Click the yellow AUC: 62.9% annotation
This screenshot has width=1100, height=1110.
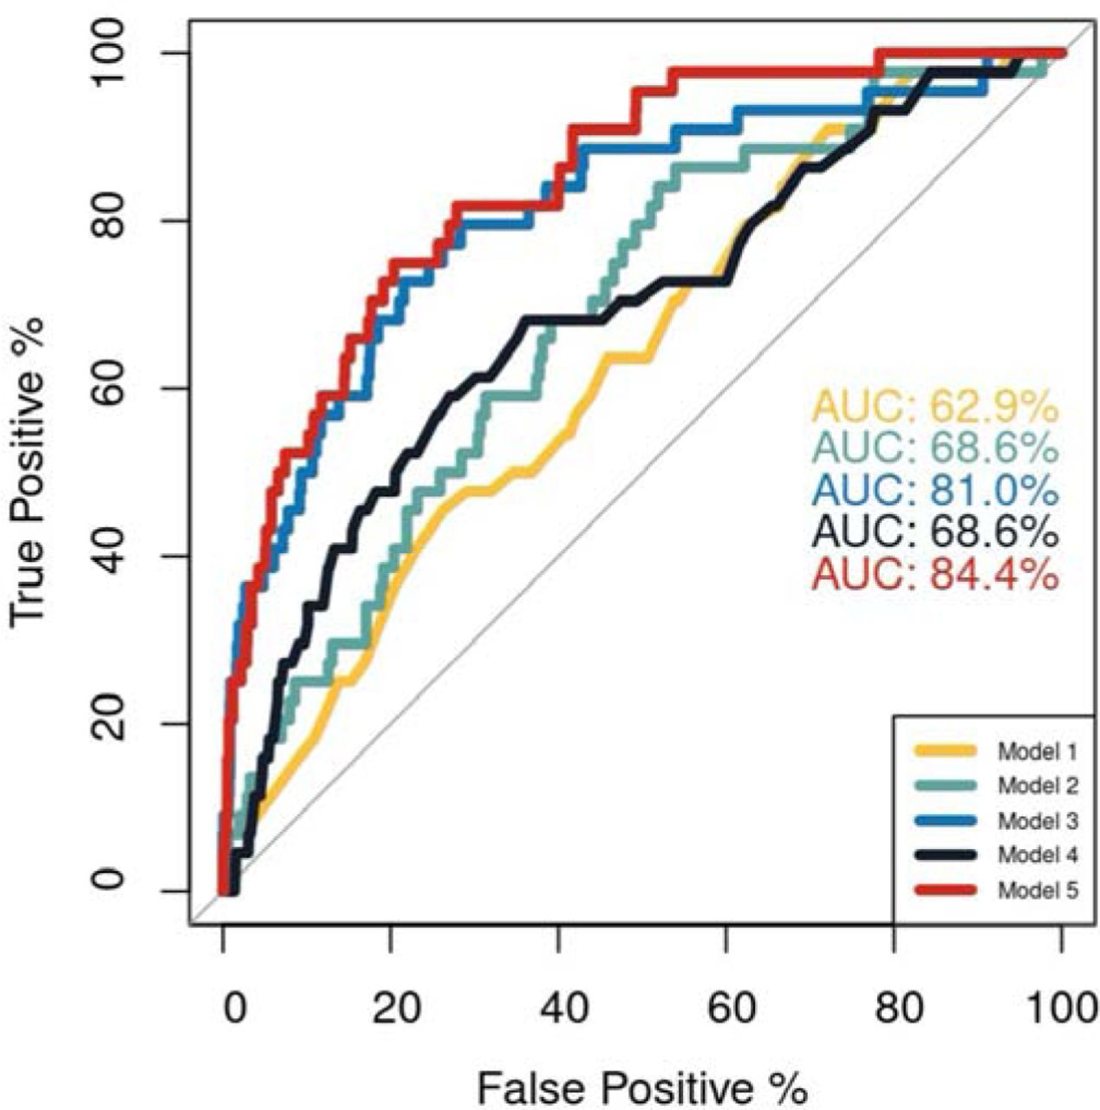pos(935,406)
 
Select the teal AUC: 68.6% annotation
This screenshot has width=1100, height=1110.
pos(935,448)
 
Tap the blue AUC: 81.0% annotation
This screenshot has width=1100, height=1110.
pos(935,491)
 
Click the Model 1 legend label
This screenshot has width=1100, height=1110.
pos(1038,752)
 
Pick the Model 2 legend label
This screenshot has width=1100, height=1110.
pos(1038,787)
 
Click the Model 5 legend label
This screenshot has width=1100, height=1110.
pos(1038,890)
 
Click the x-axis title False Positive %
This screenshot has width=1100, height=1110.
pos(642,1085)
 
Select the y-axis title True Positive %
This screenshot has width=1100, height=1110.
pos(29,473)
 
